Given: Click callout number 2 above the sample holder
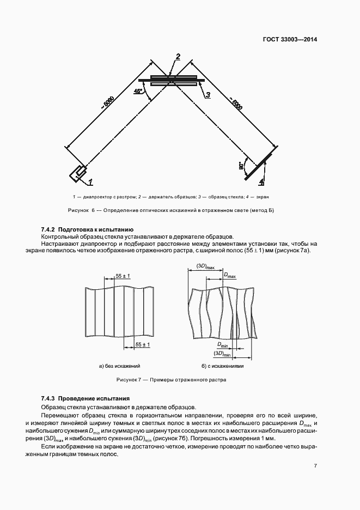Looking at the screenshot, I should (x=178, y=56).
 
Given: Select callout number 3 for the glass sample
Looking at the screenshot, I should (x=208, y=95).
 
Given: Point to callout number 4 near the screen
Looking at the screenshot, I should (x=261, y=181).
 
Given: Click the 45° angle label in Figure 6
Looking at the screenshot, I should (x=138, y=92).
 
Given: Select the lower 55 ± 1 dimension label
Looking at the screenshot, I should (x=142, y=345).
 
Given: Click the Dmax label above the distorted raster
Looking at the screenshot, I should (x=230, y=277).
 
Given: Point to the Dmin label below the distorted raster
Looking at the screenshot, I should (x=223, y=345).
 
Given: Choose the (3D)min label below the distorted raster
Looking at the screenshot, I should (x=223, y=354).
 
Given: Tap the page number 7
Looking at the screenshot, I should (x=315, y=465).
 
